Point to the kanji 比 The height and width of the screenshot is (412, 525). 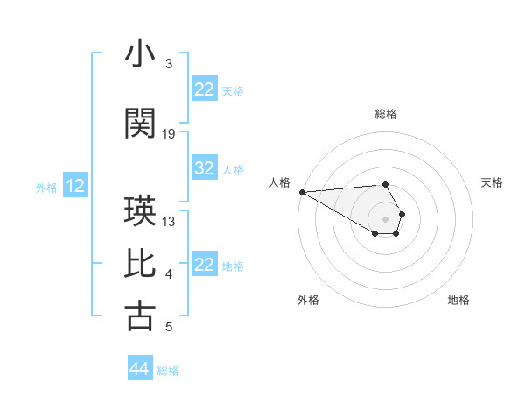tap(140, 264)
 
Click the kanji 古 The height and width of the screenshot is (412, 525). tap(140, 316)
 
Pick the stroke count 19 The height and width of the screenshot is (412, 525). tap(169, 134)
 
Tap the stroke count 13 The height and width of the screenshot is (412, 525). tap(169, 222)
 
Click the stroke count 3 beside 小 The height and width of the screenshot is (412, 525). tap(169, 64)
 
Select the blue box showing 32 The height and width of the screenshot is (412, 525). tap(205, 169)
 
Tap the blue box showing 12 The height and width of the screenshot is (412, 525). tap(75, 186)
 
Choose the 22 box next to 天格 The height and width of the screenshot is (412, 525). tap(205, 89)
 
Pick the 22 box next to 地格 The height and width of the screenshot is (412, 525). tap(205, 266)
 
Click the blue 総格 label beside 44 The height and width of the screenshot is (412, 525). tap(168, 371)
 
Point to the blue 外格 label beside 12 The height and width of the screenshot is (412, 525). tap(46, 187)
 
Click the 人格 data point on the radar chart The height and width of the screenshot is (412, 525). tap(302, 192)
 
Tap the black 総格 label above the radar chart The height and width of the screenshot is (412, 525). tap(386, 114)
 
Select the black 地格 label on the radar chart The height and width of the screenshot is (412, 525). tap(458, 300)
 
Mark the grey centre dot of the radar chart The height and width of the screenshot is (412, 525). tap(386, 219)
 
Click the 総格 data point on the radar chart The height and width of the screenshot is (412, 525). tap(386, 184)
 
